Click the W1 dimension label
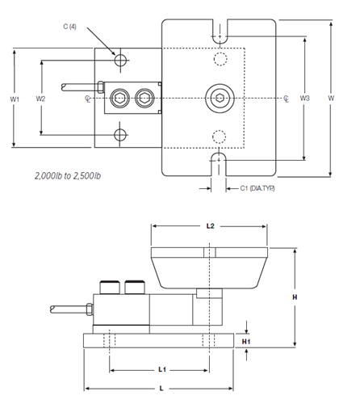click(15, 99)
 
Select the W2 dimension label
click(40, 99)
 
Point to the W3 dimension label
click(305, 98)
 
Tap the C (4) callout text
click(69, 27)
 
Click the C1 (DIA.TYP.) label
click(257, 188)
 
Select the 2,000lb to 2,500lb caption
click(68, 176)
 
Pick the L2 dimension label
click(210, 226)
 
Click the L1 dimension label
click(162, 369)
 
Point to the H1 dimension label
click(246, 342)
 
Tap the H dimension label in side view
click(295, 297)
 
